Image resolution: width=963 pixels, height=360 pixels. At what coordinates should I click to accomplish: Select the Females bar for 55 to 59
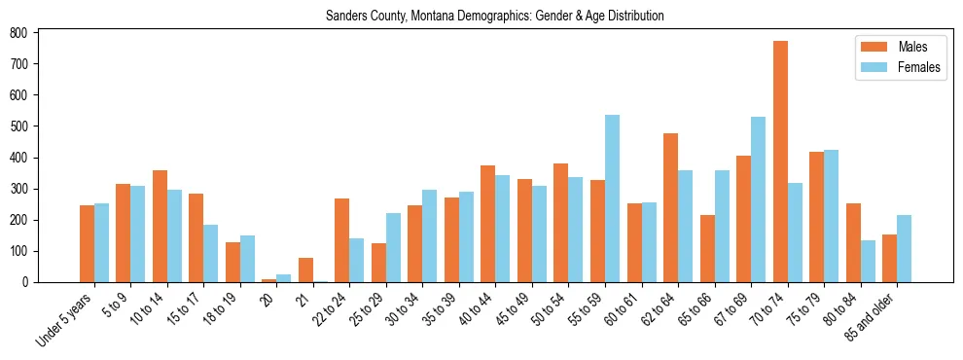click(x=612, y=198)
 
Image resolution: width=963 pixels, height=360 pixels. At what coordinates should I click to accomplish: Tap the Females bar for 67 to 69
click(x=758, y=199)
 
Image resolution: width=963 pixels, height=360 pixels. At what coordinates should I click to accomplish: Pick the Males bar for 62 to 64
click(x=670, y=207)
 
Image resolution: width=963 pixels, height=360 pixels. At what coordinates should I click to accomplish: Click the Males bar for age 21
click(x=305, y=270)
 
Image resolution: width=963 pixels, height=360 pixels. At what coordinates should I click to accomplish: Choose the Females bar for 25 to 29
click(x=393, y=247)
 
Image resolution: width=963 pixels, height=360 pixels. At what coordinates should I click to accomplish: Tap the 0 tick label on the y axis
click(x=32, y=282)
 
